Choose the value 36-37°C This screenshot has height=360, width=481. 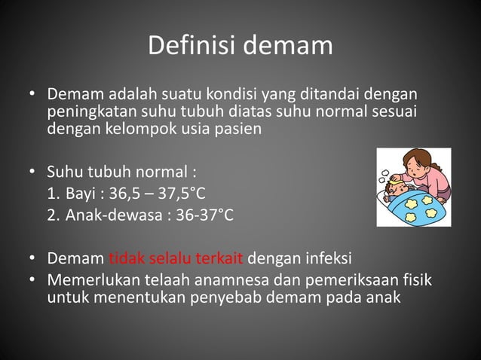(205, 216)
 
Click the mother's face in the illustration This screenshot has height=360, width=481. (416, 165)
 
